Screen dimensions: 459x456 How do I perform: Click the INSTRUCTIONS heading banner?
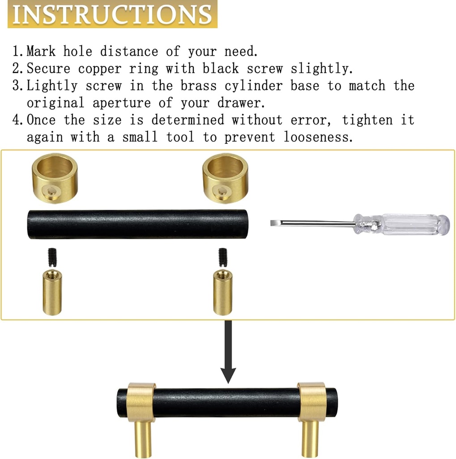tap(112, 14)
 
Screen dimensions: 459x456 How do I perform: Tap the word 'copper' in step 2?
tap(99, 69)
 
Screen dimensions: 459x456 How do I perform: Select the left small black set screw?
tap(51, 258)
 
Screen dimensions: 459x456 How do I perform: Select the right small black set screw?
tap(222, 257)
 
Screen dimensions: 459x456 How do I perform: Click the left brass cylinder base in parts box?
tap(52, 292)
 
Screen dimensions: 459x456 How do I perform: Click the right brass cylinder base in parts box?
tap(222, 292)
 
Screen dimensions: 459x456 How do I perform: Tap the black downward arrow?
tap(229, 354)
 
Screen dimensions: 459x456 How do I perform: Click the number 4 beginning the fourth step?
tap(17, 120)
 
